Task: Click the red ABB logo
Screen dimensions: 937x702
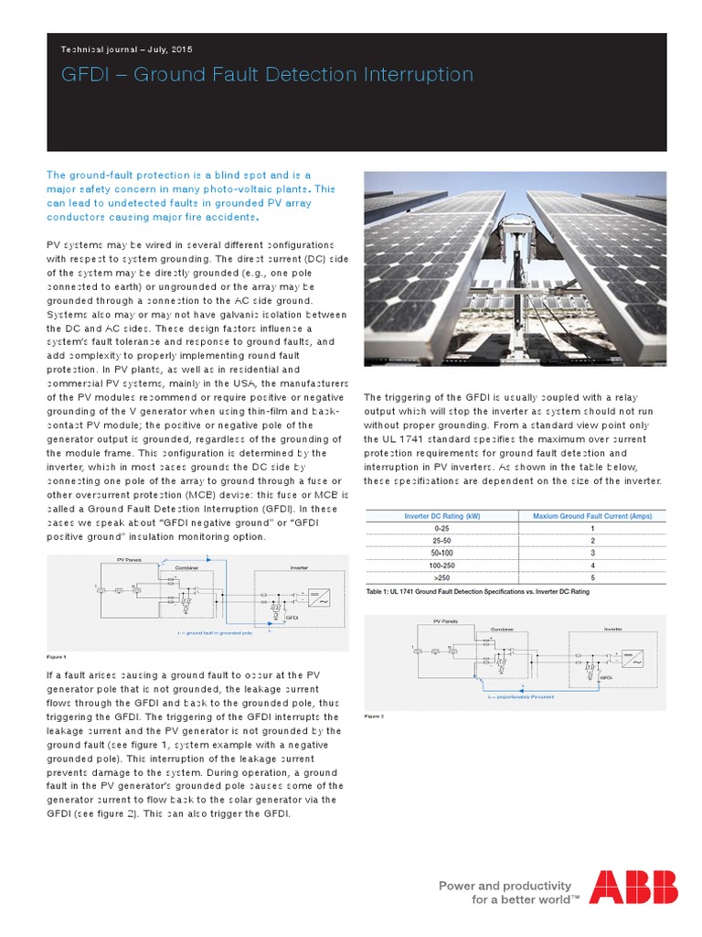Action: click(633, 888)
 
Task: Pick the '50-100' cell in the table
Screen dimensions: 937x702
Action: click(441, 553)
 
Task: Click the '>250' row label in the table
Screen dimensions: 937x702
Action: click(441, 578)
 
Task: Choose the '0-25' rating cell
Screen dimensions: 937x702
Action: click(441, 528)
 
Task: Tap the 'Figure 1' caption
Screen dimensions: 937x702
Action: click(56, 657)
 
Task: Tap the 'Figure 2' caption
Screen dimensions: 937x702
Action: click(374, 716)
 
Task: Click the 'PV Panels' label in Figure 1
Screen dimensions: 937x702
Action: click(130, 558)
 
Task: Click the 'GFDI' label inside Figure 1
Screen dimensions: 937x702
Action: click(292, 618)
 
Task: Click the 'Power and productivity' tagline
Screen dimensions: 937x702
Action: click(505, 886)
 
